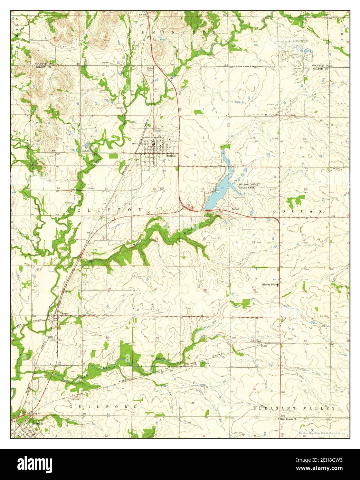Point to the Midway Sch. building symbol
click(x=278, y=285)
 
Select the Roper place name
click(x=65, y=314)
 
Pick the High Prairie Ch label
click(x=288, y=419)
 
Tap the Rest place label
click(x=259, y=341)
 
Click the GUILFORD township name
click(x=103, y=407)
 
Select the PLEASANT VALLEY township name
click(x=294, y=408)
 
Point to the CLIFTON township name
click(x=110, y=210)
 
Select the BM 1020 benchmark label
click(x=324, y=316)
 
